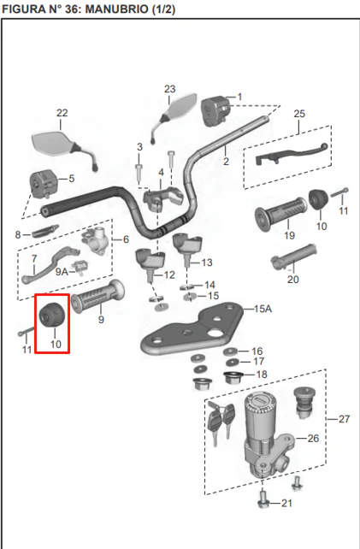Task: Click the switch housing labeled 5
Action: tap(43, 184)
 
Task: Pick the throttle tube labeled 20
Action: tap(293, 257)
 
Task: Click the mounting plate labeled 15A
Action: tap(192, 329)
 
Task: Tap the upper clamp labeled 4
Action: tap(163, 198)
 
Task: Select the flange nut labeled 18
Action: tap(233, 378)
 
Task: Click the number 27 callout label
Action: tap(344, 419)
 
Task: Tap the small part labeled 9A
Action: tap(80, 268)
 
